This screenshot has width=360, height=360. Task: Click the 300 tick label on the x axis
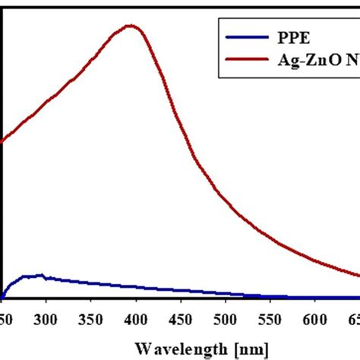46,318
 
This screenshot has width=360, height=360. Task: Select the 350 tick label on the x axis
90,318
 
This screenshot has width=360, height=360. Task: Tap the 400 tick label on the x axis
135,318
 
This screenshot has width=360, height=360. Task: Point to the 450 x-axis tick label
180,318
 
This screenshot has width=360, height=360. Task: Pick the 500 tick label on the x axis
225,318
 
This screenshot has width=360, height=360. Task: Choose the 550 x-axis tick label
270,318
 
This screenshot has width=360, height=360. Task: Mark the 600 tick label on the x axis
314,318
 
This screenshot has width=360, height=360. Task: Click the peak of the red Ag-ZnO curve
132,26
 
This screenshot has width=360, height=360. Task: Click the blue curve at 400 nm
135,287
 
